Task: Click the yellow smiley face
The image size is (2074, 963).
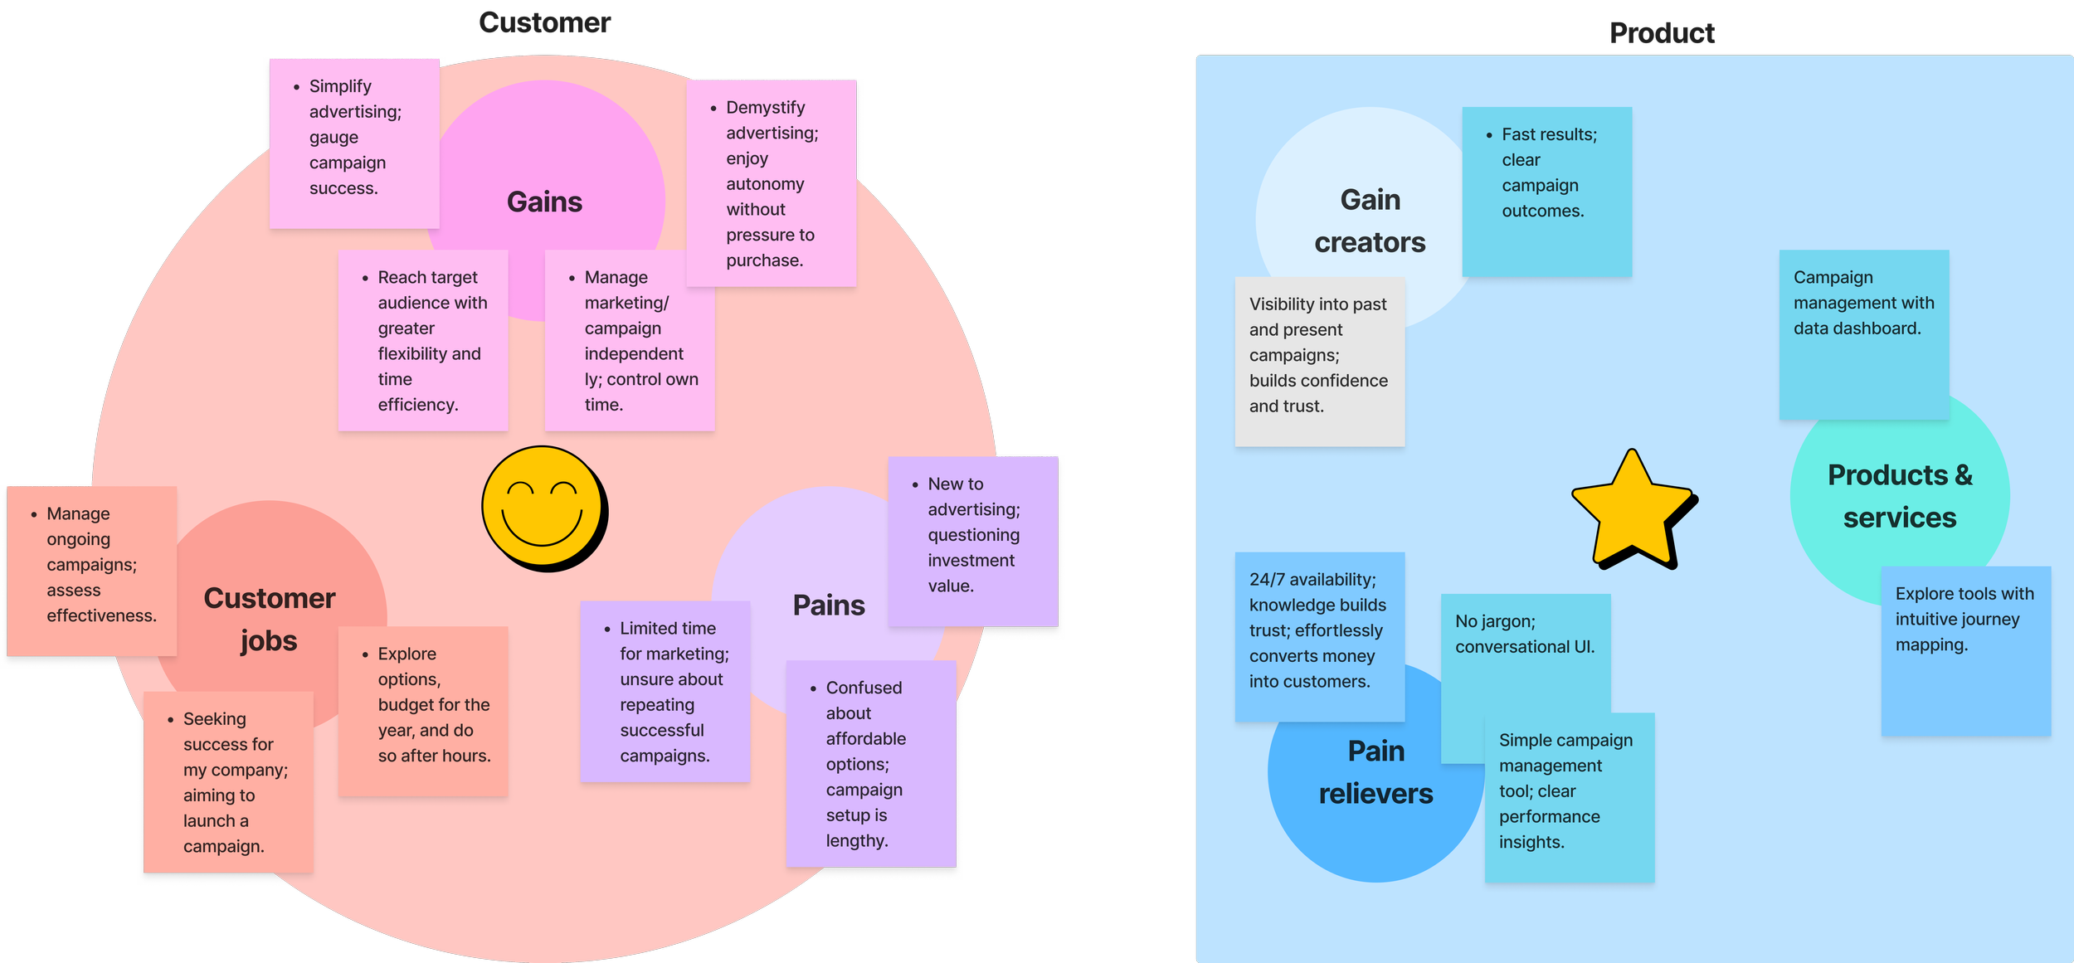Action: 543,508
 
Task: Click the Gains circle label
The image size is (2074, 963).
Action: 544,202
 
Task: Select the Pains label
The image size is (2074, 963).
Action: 828,605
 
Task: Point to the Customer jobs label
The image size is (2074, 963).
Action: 270,619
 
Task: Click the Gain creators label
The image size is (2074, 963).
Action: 1370,221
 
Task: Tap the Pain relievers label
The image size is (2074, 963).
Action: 1375,772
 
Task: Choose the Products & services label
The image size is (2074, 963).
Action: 1900,496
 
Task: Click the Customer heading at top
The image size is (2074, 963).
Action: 544,22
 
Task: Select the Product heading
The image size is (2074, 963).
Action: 1662,33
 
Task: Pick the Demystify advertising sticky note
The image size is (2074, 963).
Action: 772,183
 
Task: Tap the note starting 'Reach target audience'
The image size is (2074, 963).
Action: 423,340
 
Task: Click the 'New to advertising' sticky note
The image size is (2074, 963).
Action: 973,541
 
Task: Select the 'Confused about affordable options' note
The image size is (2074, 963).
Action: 871,763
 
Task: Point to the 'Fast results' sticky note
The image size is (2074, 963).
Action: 1546,191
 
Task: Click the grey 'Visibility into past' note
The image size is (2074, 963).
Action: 1319,362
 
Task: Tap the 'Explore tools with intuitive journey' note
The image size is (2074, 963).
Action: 1965,651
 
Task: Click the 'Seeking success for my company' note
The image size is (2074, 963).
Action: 228,781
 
